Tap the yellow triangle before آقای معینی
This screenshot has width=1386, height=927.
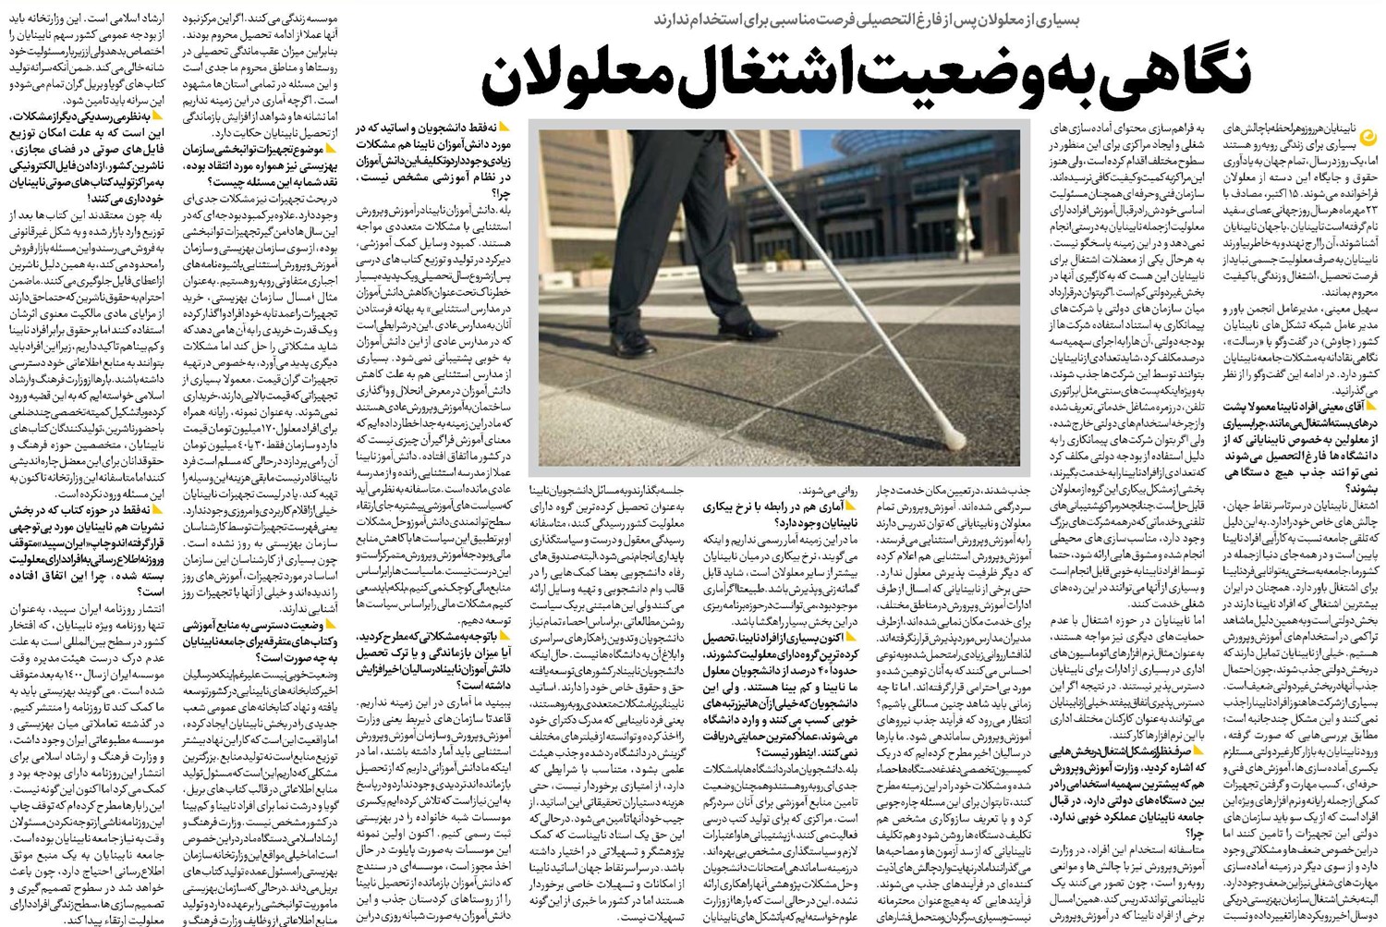click(1371, 405)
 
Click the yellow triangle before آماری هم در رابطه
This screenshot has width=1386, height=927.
click(847, 506)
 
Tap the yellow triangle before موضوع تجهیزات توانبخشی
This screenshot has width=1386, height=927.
click(330, 148)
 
